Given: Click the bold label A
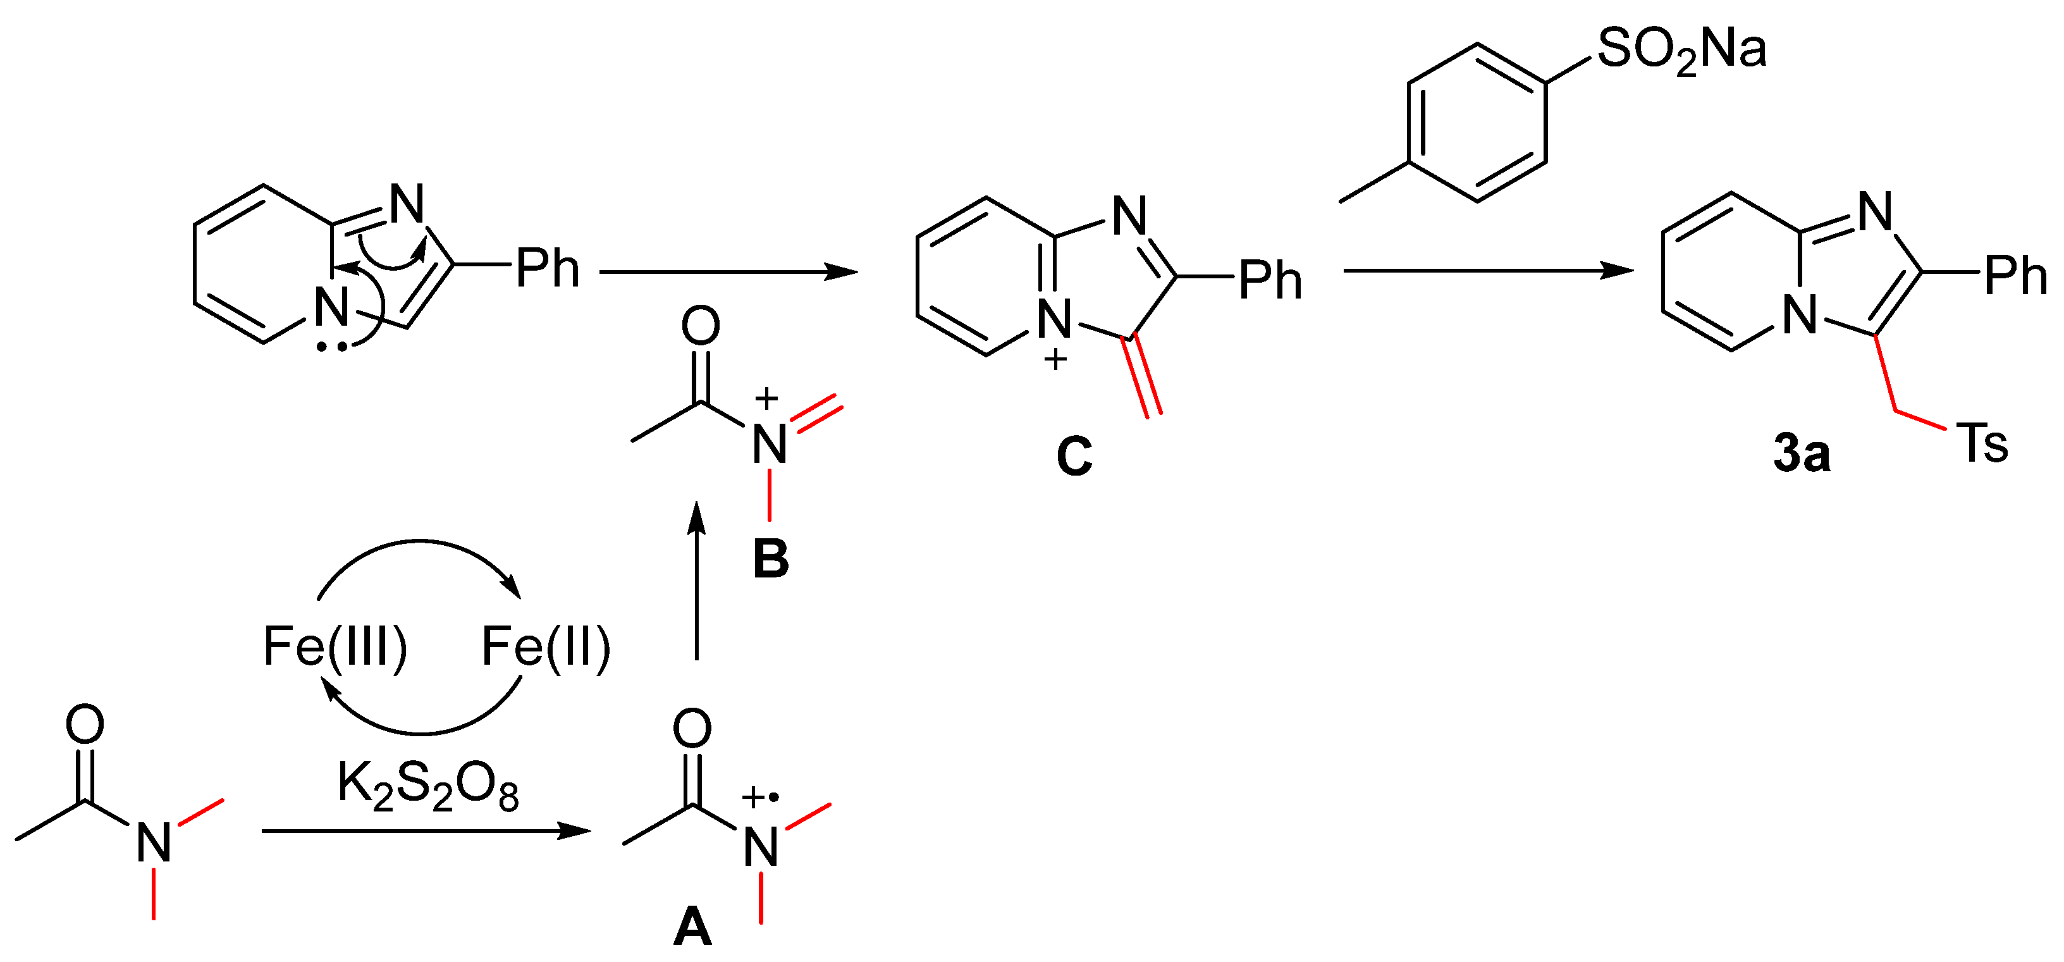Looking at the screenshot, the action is [693, 927].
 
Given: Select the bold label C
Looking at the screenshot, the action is [1074, 456].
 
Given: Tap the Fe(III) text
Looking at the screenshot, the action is [335, 646].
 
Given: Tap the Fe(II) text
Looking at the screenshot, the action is [546, 646].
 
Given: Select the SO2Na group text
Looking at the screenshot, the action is [1681, 50].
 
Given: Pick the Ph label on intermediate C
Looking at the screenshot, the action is [1270, 281].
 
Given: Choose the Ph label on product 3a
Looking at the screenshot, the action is [2015, 276].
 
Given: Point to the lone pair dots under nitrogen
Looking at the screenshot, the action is [331, 347].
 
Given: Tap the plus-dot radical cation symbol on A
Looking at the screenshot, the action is [759, 797].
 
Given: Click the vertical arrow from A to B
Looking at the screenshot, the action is [697, 581].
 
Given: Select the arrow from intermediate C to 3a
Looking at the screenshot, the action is [1489, 271].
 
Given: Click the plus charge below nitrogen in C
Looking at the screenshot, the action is [1055, 359].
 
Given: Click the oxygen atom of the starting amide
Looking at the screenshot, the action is [85, 724].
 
